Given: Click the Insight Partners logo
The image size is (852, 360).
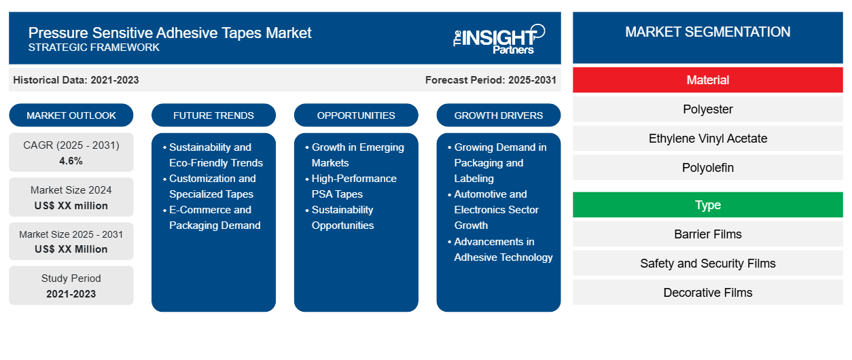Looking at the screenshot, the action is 499,39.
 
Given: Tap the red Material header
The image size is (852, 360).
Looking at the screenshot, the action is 707,80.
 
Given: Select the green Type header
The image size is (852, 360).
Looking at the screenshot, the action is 707,204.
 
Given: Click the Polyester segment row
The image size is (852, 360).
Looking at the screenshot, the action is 707,109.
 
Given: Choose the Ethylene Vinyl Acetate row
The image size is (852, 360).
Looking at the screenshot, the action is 707,139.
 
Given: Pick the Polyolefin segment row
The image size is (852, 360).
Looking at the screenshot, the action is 707,168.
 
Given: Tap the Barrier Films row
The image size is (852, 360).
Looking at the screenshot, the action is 707,234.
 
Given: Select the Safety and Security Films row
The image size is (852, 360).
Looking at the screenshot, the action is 707,263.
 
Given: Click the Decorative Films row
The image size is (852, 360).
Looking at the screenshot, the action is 707,292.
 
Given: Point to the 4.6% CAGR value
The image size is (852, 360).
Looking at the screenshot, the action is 71,161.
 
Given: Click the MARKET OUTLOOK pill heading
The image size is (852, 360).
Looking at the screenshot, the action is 71,115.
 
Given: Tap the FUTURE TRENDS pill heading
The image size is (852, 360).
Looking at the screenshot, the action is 213,115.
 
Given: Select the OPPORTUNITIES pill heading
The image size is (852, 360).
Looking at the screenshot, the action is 356,115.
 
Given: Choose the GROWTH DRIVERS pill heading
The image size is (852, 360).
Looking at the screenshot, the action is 498,115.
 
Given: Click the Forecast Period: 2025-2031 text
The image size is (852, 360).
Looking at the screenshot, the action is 491,80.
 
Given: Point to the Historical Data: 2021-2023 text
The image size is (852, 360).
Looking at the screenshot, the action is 75,80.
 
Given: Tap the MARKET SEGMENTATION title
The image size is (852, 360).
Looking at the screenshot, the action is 707,32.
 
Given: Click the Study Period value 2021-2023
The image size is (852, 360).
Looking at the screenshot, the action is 71,294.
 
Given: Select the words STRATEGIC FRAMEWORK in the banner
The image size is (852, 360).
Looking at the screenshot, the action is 94,48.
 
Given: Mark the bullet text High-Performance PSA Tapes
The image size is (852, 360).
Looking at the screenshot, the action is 354,186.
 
